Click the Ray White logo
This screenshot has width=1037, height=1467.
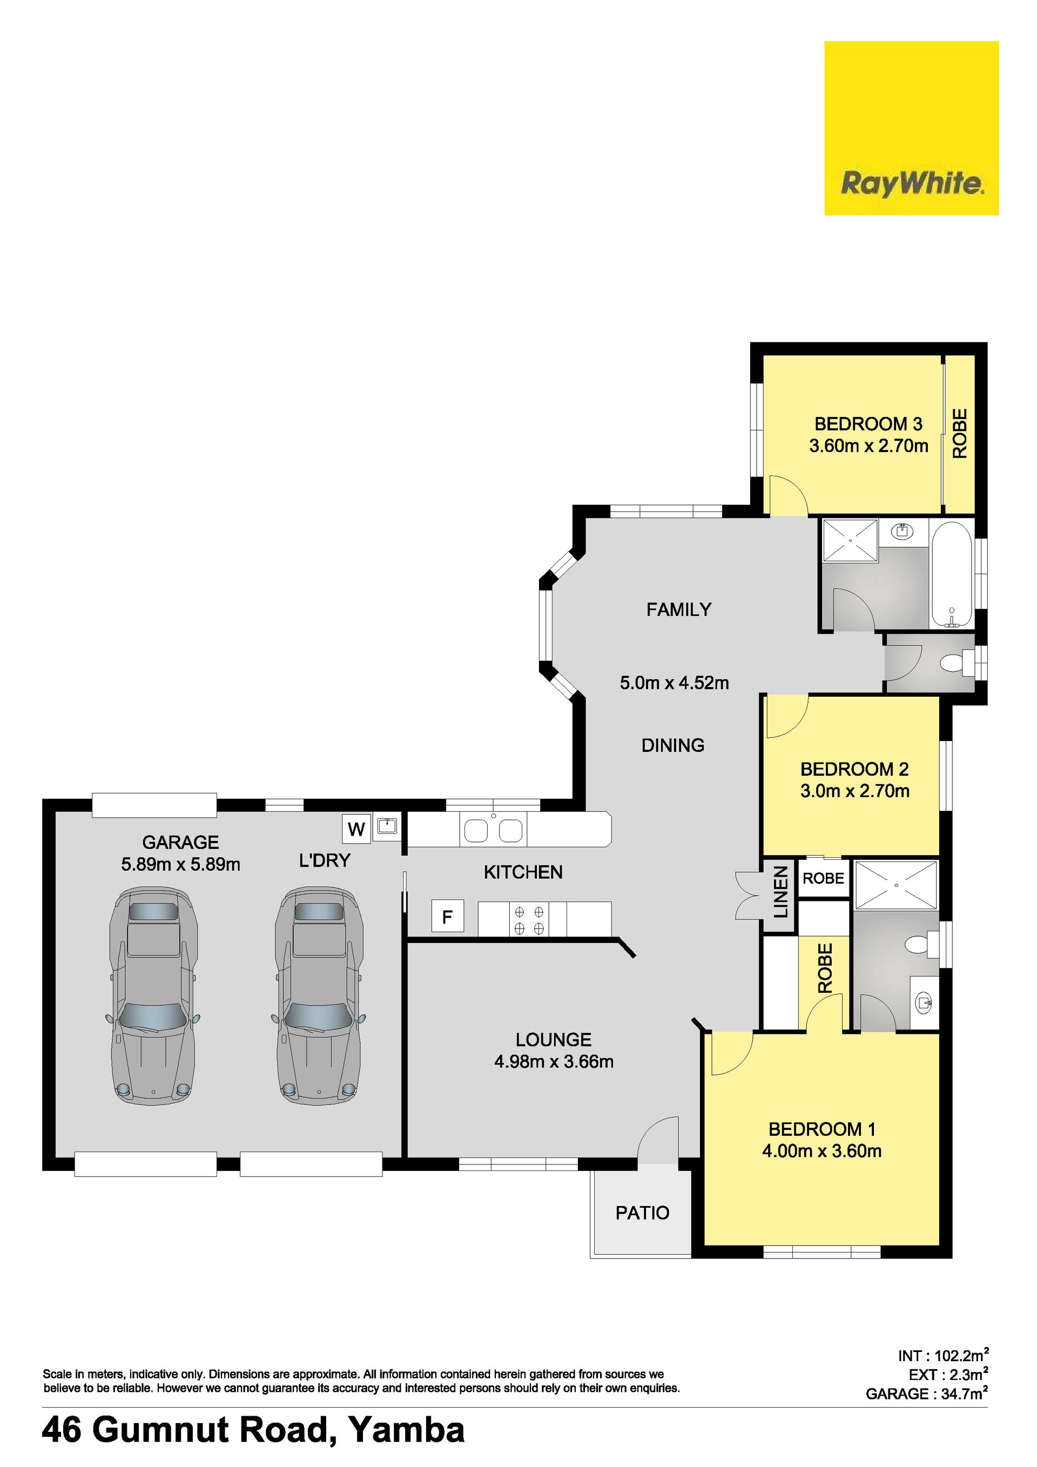pos(911,128)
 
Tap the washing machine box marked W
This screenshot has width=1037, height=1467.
pos(356,829)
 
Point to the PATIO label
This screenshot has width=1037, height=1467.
pos(642,1213)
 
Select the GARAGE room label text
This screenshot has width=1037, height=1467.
pos(181,842)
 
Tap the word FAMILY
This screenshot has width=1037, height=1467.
pos(678,610)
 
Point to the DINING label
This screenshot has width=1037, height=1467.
pos(673,745)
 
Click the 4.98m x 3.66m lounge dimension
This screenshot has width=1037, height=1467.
pos(554,1061)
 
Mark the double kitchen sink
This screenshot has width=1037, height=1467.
pos(493,831)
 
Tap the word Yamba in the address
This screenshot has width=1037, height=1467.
pos(406,1429)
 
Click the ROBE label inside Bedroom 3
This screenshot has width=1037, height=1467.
pos(960,434)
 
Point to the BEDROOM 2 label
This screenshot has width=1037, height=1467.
pos(854,769)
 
